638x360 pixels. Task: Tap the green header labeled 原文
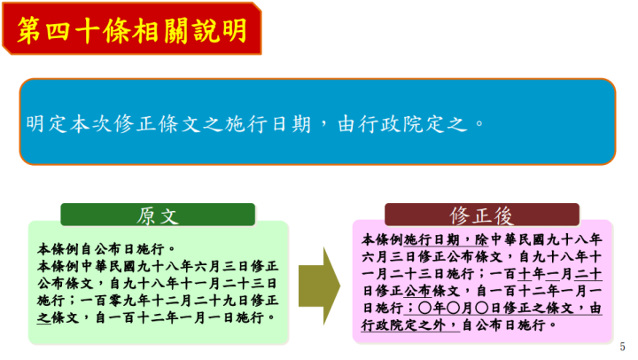[158, 215]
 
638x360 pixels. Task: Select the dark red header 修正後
[482, 215]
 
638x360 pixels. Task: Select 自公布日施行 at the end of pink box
[509, 325]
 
